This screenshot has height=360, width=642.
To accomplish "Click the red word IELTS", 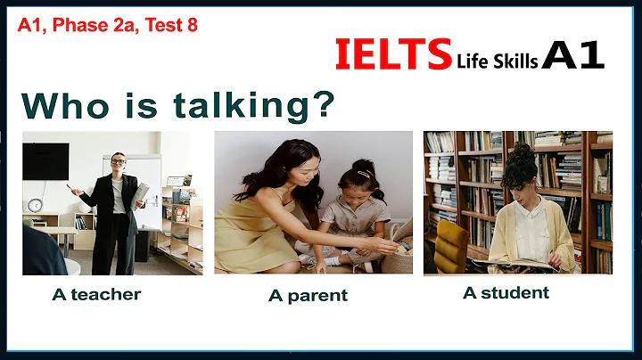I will [x=393, y=54].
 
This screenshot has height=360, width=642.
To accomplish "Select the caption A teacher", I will [x=96, y=293].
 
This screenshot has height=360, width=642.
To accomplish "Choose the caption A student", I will [x=506, y=292].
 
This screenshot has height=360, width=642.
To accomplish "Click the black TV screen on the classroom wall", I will [x=45, y=160].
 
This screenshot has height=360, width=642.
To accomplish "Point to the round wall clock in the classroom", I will [x=36, y=205].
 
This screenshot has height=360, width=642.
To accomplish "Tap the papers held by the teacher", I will [x=141, y=192].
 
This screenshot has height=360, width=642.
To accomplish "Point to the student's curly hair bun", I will [x=517, y=154].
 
